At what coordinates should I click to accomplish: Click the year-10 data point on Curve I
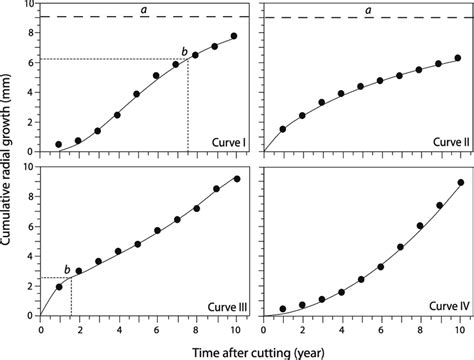coord(234,36)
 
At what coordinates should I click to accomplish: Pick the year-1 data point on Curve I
coord(58,144)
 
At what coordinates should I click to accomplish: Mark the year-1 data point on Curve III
coord(59,287)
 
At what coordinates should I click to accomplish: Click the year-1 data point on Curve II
coord(283,129)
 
